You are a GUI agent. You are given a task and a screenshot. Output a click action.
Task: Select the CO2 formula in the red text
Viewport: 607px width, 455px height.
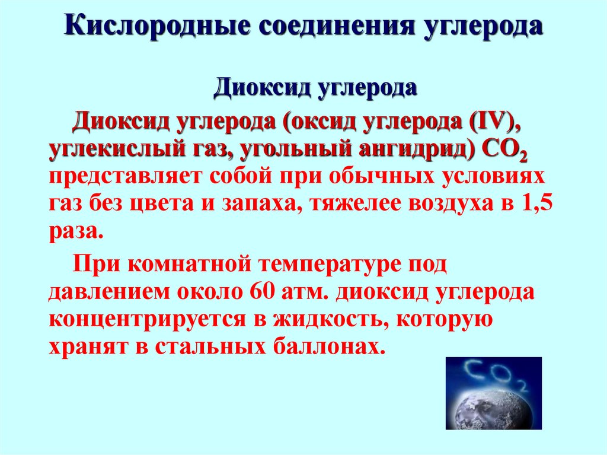tap(506, 152)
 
